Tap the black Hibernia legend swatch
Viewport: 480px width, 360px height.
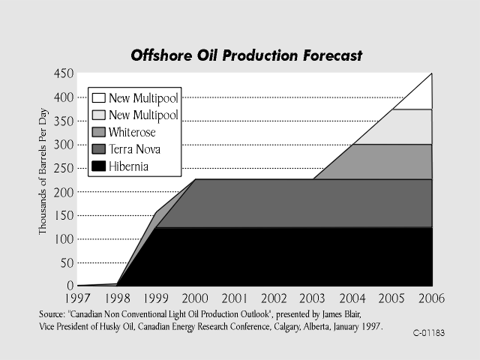tap(98, 166)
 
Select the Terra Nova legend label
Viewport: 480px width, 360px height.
tap(135, 149)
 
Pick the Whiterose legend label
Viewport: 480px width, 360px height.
tap(132, 132)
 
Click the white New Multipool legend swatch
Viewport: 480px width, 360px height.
tap(98, 97)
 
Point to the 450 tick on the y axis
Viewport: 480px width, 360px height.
tap(63, 74)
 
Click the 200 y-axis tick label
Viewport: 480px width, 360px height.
tap(63, 192)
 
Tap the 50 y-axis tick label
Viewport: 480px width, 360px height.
tap(66, 262)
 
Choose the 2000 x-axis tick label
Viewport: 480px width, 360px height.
tap(196, 298)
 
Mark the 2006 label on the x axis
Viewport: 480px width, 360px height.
tap(430, 298)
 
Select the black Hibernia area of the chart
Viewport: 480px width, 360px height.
tap(285, 256)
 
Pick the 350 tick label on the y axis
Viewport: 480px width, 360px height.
tap(63, 121)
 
